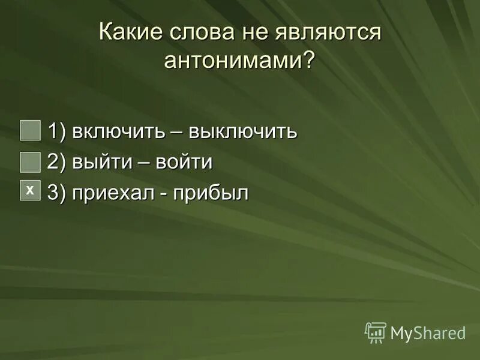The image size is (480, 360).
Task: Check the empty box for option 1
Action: (30, 130)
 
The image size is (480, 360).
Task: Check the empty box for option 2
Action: (30, 161)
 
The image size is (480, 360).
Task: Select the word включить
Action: (116, 131)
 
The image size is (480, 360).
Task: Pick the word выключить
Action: (243, 131)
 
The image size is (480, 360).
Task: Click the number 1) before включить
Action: (58, 131)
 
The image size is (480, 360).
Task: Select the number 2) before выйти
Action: (58, 162)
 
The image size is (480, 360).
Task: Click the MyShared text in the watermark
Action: (428, 333)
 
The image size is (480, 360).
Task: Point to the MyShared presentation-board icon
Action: (376, 332)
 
